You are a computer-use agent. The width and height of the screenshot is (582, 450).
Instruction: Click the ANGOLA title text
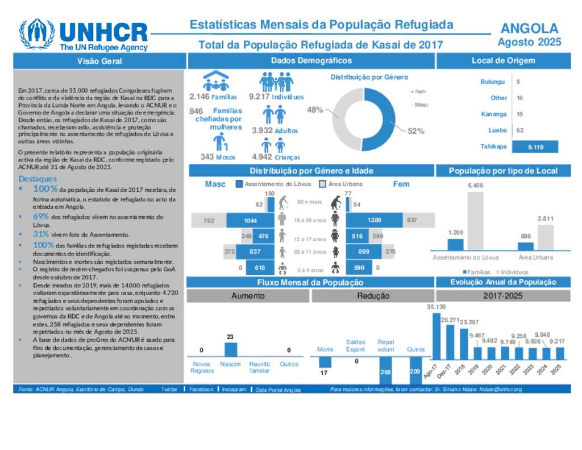(529, 28)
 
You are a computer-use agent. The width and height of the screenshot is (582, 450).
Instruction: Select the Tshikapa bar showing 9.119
(535, 147)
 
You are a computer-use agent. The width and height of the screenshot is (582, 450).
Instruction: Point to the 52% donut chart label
(415, 131)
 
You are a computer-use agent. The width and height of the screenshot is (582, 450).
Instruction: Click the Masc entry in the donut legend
(421, 105)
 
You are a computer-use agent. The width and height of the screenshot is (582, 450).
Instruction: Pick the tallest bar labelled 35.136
(436, 336)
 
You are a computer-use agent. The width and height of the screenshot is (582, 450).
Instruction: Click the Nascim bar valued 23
(230, 349)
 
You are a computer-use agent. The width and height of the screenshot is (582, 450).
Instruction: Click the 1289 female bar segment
(374, 220)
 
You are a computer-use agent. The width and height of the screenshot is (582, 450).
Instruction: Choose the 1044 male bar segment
(251, 220)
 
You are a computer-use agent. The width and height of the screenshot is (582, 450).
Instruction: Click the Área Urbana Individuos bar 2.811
(544, 237)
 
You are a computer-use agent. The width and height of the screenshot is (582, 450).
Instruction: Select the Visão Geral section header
(100, 61)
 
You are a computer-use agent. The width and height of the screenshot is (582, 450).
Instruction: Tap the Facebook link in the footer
(201, 390)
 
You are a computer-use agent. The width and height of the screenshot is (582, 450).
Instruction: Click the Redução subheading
(373, 296)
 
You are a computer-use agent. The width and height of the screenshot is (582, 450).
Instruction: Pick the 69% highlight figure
(40, 217)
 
